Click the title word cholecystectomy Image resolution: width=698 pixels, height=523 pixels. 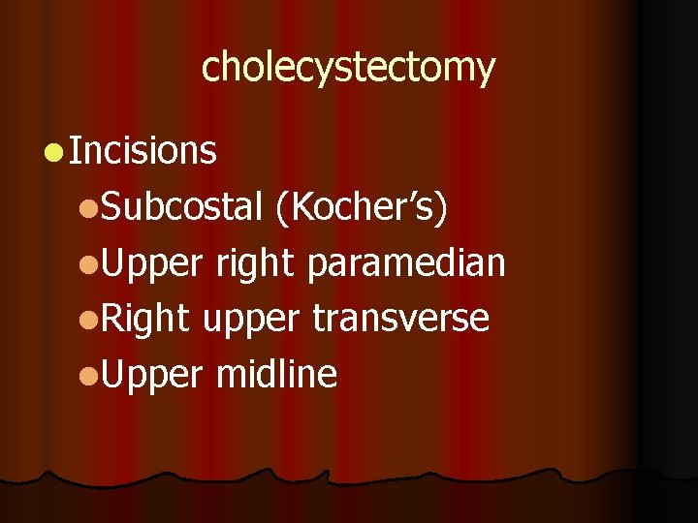click(348, 68)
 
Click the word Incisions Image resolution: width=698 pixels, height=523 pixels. click(143, 150)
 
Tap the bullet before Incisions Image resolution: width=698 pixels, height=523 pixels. click(54, 151)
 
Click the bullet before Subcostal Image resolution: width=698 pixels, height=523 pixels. click(88, 206)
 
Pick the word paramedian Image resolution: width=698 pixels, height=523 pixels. click(406, 261)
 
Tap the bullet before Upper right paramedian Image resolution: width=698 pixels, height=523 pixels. click(88, 262)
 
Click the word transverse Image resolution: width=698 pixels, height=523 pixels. click(400, 318)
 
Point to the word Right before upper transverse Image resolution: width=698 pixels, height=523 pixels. click(146, 318)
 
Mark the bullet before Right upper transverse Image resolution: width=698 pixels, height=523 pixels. click(88, 319)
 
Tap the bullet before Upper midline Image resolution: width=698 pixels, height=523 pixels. click(88, 375)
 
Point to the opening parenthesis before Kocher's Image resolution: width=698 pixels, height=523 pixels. click(281, 206)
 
